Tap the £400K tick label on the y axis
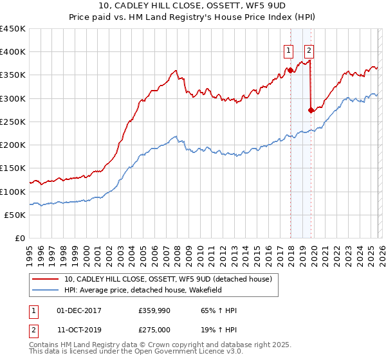pos(13,52)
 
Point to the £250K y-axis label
pos(13,122)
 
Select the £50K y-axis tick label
pos(15,215)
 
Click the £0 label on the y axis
pos(20,239)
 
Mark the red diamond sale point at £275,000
pos(311,110)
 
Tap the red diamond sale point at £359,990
pos(290,70)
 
